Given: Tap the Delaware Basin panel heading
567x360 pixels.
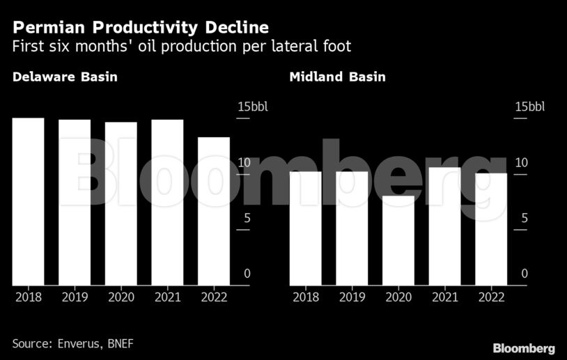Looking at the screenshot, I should (x=65, y=77).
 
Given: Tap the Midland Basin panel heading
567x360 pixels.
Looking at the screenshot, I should (x=337, y=77).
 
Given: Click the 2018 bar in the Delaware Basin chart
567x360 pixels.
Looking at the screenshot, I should (x=28, y=202).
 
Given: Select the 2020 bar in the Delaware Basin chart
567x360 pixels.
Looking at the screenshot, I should (x=121, y=204).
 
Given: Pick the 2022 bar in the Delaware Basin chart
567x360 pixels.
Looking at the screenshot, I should (x=213, y=211).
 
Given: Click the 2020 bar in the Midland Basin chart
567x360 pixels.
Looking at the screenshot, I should (x=398, y=240).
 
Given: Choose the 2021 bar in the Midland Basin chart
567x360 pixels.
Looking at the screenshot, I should (x=444, y=226).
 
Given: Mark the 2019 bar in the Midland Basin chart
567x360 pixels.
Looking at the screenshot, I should (x=352, y=228).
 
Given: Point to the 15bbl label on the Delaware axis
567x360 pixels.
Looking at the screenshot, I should (x=252, y=107).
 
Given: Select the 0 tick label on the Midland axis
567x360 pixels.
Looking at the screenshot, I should (x=525, y=274).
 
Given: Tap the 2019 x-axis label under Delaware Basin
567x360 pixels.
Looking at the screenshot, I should (x=75, y=297).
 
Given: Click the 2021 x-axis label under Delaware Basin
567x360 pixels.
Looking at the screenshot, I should (x=167, y=297).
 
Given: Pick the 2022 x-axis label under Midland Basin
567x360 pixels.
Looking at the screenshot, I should (x=490, y=297).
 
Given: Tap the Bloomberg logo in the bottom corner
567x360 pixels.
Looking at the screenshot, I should (x=523, y=348).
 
